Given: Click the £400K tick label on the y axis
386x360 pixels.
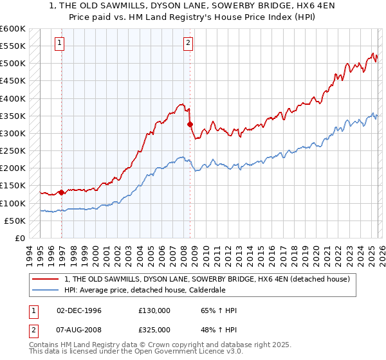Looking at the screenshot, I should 13,98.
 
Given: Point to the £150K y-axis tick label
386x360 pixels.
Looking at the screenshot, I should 13,186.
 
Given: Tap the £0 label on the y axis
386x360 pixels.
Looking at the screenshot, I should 19,239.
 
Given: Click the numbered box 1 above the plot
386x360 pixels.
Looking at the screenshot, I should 59,43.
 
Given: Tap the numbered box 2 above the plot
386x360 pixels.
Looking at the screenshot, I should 188,43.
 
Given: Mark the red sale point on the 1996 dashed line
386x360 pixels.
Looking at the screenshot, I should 62,192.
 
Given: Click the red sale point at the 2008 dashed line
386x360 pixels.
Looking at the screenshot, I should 190,124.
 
